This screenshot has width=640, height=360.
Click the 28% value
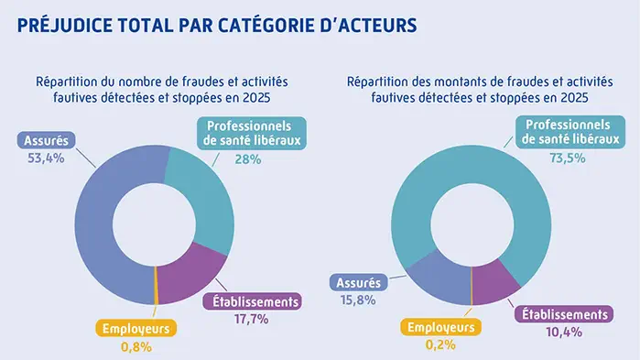tap(248, 158)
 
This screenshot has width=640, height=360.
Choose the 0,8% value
tap(136, 346)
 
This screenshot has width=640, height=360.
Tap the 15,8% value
tap(357, 300)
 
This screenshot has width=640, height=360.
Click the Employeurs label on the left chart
tap(136, 328)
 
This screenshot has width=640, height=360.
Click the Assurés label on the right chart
tap(357, 283)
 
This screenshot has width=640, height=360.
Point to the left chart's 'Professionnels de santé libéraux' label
tap(249, 133)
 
